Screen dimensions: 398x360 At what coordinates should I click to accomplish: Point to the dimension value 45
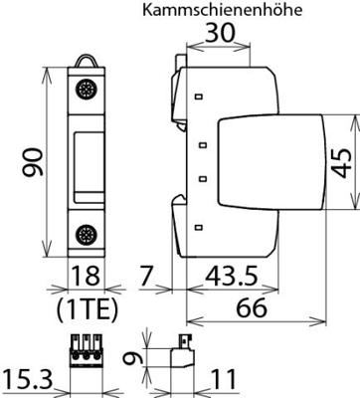342,162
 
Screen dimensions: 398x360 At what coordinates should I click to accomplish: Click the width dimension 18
86,276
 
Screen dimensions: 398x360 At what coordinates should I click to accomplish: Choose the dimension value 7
146,276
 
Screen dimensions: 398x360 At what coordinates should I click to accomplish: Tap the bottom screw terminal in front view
84,234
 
